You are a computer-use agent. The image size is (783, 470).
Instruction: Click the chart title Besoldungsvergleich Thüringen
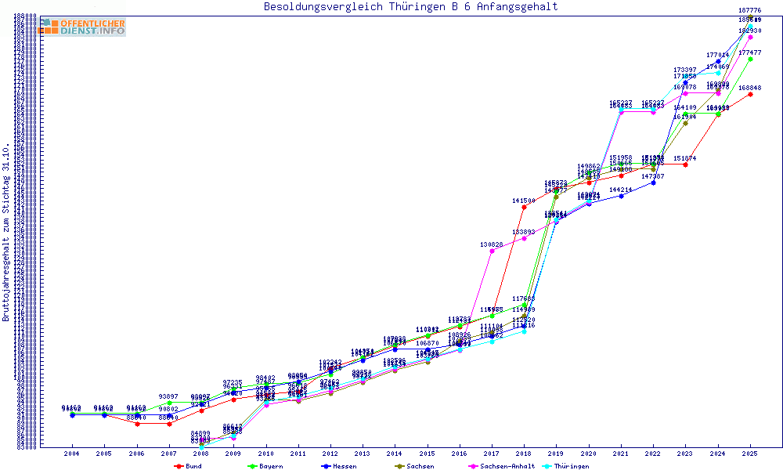click(411, 7)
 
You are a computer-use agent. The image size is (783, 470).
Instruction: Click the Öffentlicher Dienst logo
click(81, 27)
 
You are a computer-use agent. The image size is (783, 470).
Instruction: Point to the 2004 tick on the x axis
click(72, 454)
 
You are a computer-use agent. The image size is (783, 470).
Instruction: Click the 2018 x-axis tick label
click(524, 454)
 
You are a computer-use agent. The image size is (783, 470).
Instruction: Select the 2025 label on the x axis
click(750, 454)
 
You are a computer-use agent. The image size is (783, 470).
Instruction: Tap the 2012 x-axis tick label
click(330, 454)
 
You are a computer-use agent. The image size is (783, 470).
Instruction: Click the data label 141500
click(524, 201)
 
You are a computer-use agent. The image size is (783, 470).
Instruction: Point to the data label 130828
click(492, 244)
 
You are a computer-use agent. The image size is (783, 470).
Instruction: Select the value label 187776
click(750, 10)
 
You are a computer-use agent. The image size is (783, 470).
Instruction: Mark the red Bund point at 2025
click(750, 94)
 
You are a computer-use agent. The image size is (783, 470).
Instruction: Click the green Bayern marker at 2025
click(750, 59)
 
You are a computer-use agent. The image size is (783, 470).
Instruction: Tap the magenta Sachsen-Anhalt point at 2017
click(492, 251)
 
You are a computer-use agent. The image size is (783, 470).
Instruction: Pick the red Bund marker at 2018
click(524, 207)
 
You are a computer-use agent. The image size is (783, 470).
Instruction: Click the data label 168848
click(750, 88)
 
